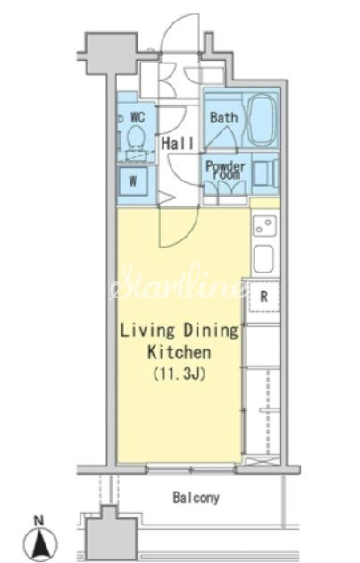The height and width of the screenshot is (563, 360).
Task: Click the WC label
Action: (x=138, y=117)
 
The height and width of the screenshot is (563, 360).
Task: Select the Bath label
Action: (x=223, y=117)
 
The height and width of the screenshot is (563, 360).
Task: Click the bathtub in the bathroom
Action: (x=263, y=120)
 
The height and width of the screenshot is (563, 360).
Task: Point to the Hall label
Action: (x=177, y=143)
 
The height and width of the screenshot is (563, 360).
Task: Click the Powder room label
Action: (x=226, y=171)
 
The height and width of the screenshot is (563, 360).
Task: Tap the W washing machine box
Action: (x=133, y=181)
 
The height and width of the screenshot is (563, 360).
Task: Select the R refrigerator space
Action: (x=264, y=297)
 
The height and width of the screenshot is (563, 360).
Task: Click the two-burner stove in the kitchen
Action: (x=264, y=225)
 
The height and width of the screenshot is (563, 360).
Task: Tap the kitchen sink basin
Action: (x=264, y=259)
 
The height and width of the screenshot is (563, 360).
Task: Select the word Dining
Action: (x=211, y=331)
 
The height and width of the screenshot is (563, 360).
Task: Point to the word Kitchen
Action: (x=179, y=353)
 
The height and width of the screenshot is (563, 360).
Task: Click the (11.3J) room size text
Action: (x=179, y=374)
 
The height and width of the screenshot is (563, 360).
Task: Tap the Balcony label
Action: (x=196, y=498)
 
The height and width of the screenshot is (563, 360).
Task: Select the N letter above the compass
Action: (x=38, y=520)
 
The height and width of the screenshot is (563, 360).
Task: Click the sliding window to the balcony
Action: (x=191, y=469)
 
